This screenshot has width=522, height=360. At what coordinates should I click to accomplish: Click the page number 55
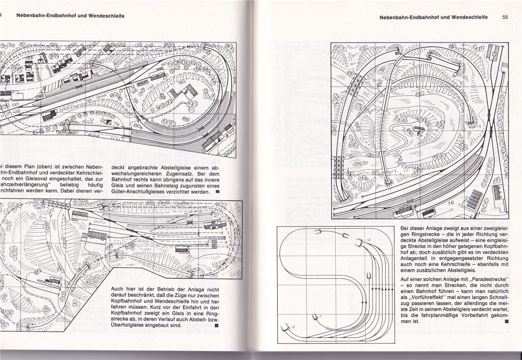tap(505, 18)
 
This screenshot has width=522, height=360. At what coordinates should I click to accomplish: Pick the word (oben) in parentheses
tap(44, 168)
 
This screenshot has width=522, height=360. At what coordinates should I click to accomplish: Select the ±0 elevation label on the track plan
tap(451, 203)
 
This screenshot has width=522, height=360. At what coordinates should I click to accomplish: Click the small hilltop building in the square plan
tap(419, 130)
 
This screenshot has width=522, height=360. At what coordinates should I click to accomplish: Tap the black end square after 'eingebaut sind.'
tap(216, 325)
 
